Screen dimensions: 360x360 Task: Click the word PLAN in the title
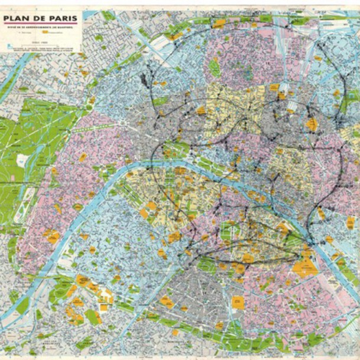(17, 19)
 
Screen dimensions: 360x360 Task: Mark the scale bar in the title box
(40, 45)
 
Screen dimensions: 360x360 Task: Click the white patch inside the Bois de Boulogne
(24, 159)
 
